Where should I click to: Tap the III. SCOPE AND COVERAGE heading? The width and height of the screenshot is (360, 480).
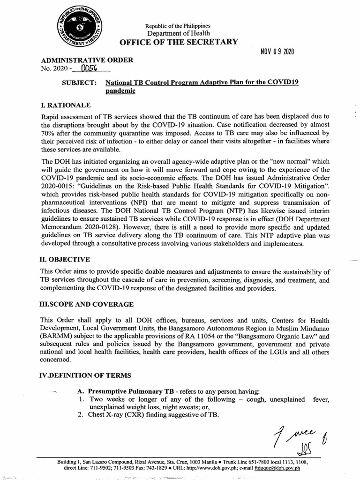coord(86,304)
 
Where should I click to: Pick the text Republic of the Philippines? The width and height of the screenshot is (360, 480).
coord(178,25)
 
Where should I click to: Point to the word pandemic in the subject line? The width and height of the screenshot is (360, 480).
coord(120,91)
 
